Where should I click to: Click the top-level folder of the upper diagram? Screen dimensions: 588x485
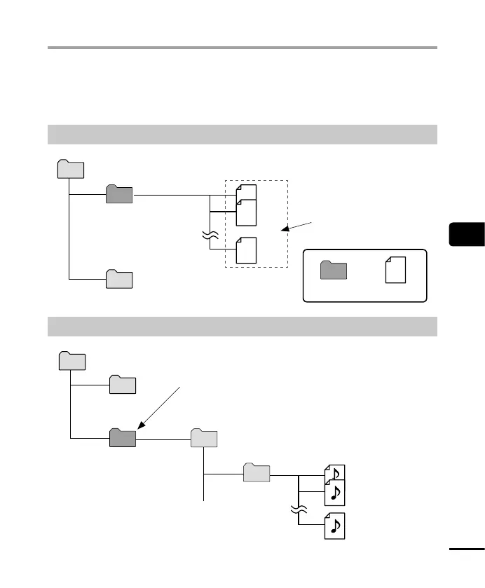pos(70,170)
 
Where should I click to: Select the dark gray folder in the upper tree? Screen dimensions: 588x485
pos(118,194)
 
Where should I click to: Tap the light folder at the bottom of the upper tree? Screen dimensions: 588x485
pos(118,278)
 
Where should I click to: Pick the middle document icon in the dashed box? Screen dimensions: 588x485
pos(246,212)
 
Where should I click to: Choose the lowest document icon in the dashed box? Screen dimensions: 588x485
pos(246,251)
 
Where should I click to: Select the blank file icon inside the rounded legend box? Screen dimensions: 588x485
pos(396,269)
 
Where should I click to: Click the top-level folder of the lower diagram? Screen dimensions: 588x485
pos(71,361)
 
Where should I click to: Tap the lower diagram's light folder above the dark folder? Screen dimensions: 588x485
pos(123,385)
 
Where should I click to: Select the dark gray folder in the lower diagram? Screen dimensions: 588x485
pos(123,438)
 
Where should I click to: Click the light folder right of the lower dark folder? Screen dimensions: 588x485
pos(205,438)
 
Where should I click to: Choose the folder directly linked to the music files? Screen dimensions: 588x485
pos(257,473)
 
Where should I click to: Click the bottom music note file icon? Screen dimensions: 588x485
pos(335,526)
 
